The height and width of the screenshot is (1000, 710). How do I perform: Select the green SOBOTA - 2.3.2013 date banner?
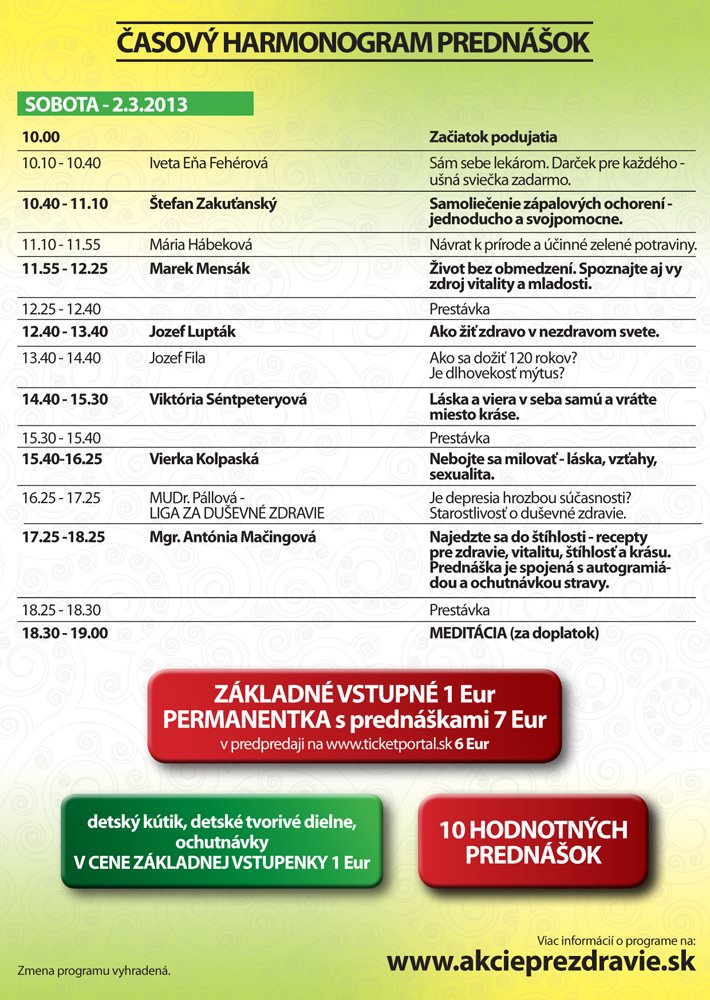(x=135, y=104)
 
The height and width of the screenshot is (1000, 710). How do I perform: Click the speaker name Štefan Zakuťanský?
(x=212, y=203)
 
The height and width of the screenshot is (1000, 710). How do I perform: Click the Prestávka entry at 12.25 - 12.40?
(x=459, y=309)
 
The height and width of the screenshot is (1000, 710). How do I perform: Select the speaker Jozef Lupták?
(x=192, y=332)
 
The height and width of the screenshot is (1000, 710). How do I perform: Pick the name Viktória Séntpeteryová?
(x=228, y=398)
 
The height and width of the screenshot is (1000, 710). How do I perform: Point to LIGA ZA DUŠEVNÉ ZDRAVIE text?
(x=237, y=513)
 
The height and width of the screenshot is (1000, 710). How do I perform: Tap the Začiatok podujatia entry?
(x=493, y=137)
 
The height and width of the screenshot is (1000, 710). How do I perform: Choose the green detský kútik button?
(x=221, y=841)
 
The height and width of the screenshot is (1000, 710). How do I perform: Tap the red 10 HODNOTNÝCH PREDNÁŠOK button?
(x=533, y=841)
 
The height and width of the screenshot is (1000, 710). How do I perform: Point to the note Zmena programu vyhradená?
(x=94, y=970)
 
